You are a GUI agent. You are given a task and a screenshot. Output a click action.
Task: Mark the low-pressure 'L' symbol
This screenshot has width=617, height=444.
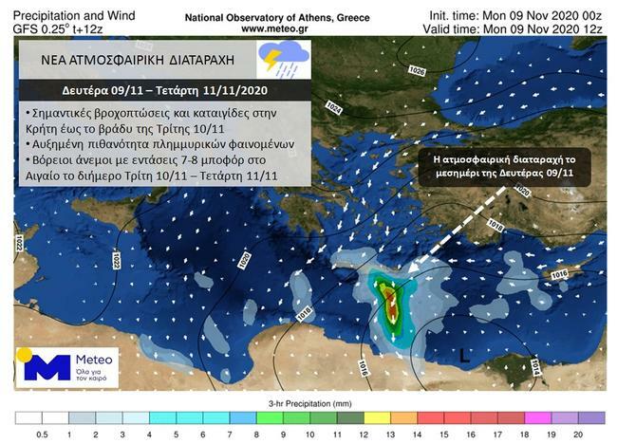click(463, 357)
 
